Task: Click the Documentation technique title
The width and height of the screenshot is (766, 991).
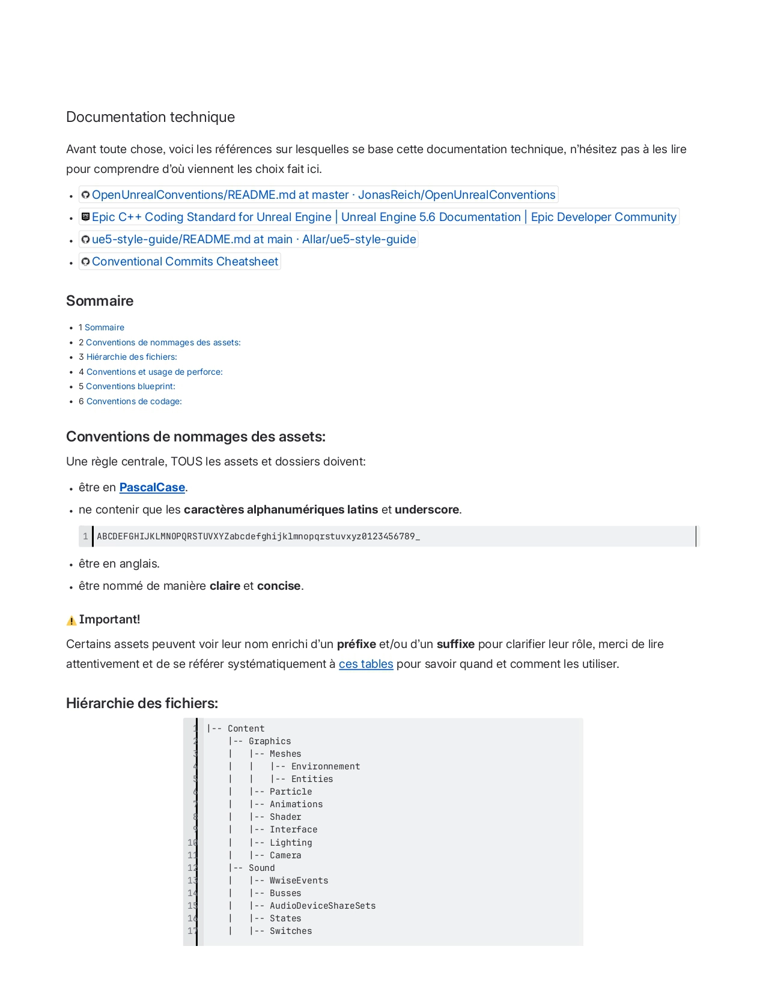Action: [150, 117]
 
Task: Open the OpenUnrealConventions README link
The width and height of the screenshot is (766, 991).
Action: [323, 195]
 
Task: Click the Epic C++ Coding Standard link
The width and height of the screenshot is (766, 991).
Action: [384, 217]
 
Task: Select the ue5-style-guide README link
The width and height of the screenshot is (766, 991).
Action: [254, 240]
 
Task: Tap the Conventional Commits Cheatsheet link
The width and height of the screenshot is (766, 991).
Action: [185, 262]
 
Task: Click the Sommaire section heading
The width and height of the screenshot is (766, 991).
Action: [100, 301]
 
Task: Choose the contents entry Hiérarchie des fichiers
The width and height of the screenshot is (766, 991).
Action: [132, 357]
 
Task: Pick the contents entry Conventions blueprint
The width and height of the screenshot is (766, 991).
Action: [130, 386]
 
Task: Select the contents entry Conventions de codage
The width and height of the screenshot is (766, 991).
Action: [134, 401]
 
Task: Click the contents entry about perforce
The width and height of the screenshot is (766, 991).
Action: [154, 372]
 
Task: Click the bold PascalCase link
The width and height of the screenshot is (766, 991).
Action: [152, 488]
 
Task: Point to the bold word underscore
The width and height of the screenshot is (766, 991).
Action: [427, 510]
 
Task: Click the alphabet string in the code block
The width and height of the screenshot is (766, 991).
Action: [258, 536]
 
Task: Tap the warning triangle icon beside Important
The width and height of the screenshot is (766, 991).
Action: [71, 620]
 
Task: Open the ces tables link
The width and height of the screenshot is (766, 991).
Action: [366, 664]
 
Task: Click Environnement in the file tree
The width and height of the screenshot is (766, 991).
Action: [326, 766]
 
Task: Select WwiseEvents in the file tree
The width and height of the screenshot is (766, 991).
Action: [299, 880]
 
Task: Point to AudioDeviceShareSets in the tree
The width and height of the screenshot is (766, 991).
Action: [323, 906]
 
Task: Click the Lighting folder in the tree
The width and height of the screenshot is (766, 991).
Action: [291, 843]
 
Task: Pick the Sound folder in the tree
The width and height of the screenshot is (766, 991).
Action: [261, 868]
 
